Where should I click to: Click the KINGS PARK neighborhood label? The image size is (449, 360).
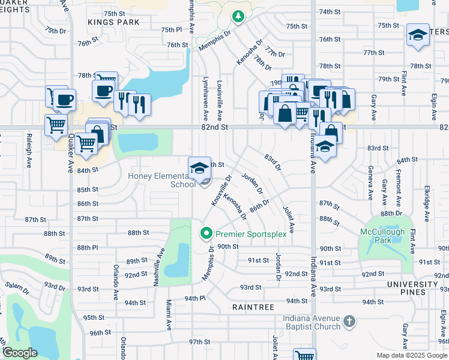coord(113,22)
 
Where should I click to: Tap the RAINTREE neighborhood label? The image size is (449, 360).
coord(254,307)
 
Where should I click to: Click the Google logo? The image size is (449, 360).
coord(20,353)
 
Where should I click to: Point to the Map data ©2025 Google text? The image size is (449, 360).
coord(412,355)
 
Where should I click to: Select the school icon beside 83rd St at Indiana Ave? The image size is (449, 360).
coord(324,148)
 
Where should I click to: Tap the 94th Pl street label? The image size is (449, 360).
coord(194,298)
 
